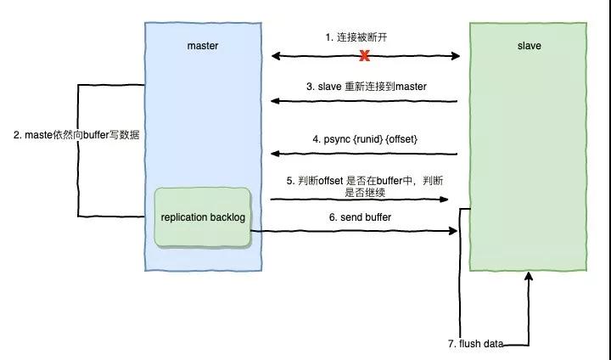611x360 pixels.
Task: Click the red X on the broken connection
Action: (365, 57)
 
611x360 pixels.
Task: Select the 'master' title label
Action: (203, 46)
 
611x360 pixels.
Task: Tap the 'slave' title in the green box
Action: (528, 46)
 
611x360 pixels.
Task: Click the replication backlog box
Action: (203, 218)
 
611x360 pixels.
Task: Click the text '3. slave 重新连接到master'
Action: (366, 87)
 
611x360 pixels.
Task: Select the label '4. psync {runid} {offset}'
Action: (365, 138)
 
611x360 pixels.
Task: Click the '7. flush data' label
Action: (475, 344)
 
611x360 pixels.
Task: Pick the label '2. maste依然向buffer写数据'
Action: (76, 135)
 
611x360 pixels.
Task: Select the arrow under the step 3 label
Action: (365, 102)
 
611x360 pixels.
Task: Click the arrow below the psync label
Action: (365, 154)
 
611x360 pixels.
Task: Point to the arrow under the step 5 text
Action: (360, 200)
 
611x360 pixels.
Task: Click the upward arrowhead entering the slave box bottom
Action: (529, 277)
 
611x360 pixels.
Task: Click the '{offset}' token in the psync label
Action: (400, 138)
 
